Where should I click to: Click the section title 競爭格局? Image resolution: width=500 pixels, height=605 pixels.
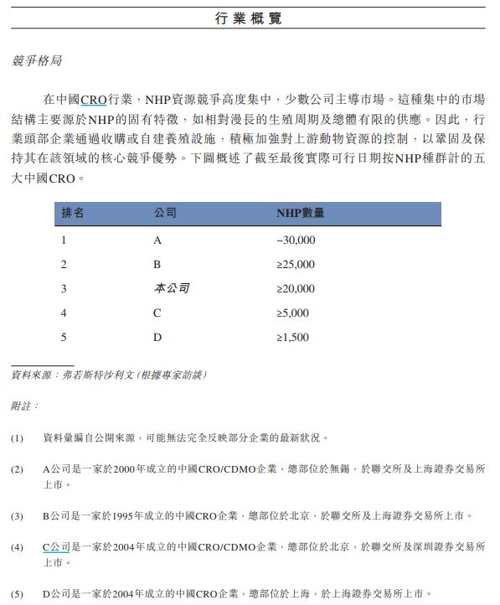tap(37, 61)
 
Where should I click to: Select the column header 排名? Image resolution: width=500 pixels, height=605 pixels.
tap(73, 214)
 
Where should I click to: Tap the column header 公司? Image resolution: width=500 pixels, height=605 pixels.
tap(165, 214)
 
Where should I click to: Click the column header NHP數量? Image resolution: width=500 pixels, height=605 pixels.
tap(300, 214)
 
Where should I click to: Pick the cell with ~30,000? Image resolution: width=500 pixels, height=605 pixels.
tap(296, 240)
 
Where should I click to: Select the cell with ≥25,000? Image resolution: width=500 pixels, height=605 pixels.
tap(296, 265)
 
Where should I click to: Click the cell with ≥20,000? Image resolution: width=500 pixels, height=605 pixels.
tap(296, 289)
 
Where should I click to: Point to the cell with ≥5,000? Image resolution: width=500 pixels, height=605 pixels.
tap(293, 313)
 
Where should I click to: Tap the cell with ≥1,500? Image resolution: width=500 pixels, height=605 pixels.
tap(293, 338)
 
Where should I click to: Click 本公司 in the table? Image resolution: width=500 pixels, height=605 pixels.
tap(172, 289)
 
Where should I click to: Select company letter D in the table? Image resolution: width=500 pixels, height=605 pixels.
tap(157, 338)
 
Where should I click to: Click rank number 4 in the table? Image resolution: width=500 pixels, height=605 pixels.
tap(64, 313)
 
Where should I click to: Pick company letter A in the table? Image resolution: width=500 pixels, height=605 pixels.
tap(157, 240)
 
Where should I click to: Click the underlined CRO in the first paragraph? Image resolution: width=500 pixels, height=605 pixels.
tap(94, 100)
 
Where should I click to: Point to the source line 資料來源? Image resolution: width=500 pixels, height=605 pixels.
tap(108, 375)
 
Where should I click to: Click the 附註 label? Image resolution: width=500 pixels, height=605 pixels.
tap(24, 406)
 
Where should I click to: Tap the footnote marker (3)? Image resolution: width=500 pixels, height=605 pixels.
tap(18, 516)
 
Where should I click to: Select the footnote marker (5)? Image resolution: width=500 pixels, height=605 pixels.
tap(18, 595)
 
